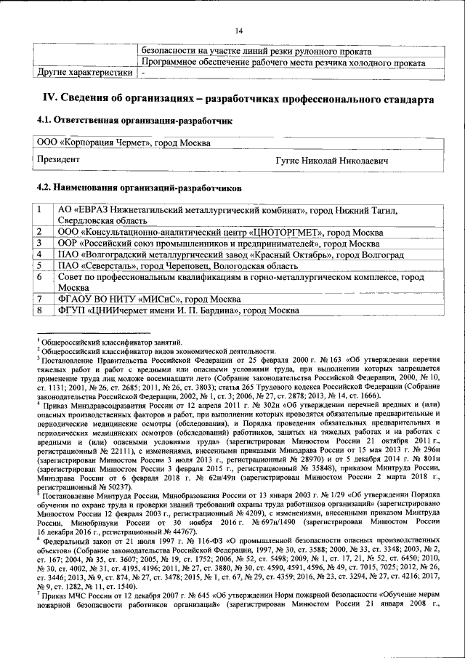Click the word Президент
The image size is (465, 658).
59,159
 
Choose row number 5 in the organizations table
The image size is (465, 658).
41,266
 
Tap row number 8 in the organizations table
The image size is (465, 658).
41,310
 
